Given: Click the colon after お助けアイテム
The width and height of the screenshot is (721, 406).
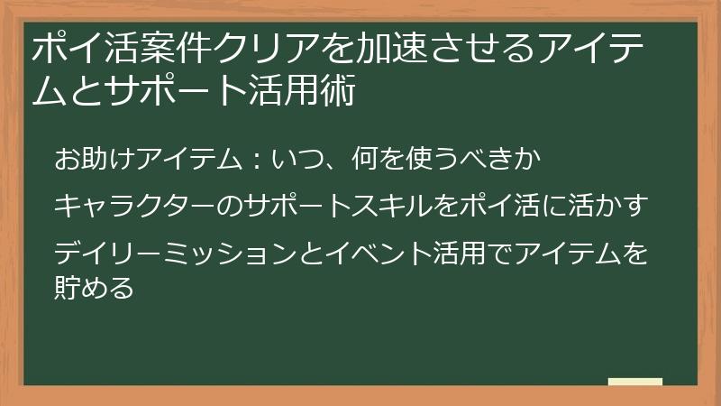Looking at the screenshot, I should click(x=255, y=161).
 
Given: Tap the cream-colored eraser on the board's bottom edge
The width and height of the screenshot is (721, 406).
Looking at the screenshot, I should click(x=634, y=383).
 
